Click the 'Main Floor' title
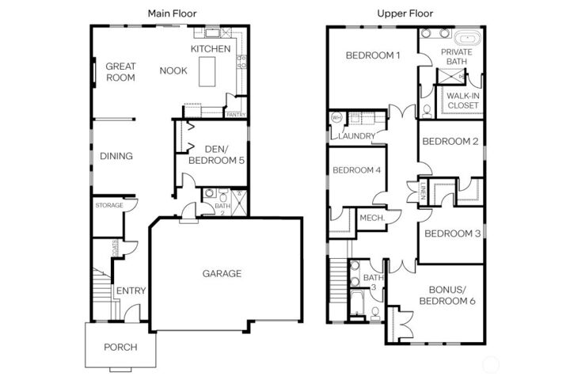click(x=173, y=13)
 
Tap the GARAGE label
click(x=222, y=274)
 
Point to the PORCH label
click(x=120, y=347)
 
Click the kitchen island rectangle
click(x=208, y=73)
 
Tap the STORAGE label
click(x=109, y=205)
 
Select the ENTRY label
click(x=131, y=291)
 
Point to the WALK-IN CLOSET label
click(x=463, y=101)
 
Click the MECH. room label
click(x=371, y=218)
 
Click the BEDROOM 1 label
click(x=373, y=55)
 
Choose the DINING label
click(x=116, y=156)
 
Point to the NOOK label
click(x=173, y=70)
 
